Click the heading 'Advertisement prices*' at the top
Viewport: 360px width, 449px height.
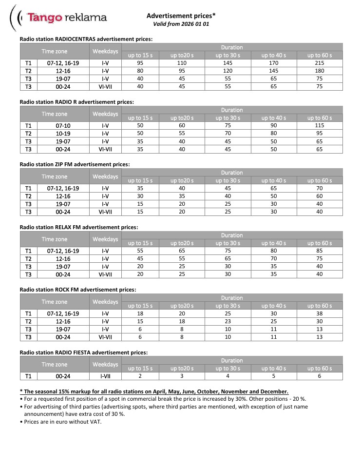pos(181,16)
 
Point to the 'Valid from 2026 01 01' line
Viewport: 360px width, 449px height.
pos(181,23)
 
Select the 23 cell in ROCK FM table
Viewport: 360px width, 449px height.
pos(231,322)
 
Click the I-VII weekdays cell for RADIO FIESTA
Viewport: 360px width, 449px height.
pos(105,376)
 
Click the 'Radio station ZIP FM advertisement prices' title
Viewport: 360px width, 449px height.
pos(75,165)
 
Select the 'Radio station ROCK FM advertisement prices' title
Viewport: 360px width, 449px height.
pos(77,290)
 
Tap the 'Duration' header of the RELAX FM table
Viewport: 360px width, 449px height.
pos(231,235)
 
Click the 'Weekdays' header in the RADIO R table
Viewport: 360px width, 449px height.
pos(105,114)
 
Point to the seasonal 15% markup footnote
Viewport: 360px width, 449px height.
pos(154,391)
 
